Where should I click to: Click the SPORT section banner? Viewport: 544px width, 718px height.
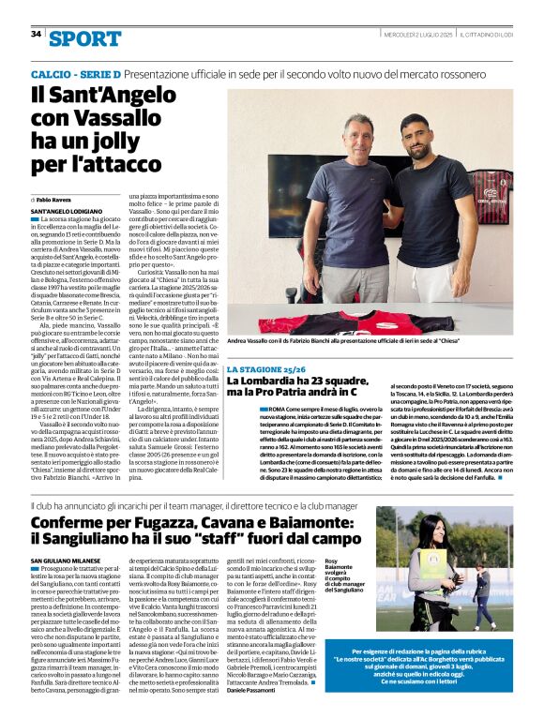85,38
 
